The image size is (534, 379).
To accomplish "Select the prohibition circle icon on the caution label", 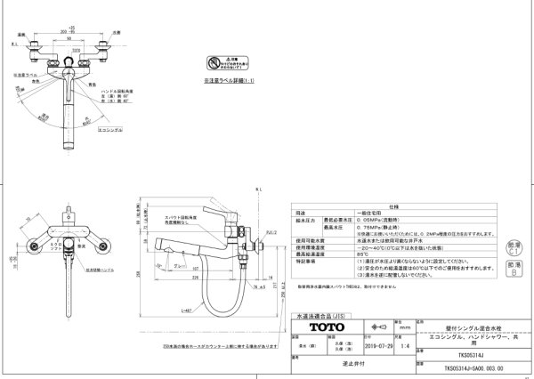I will pos(212,64).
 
